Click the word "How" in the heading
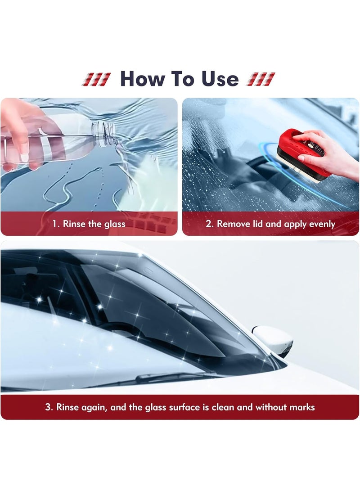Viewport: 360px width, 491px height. point(143,79)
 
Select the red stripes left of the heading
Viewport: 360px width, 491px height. point(96,79)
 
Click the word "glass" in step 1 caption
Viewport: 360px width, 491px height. point(115,224)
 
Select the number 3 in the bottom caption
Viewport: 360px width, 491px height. point(48,407)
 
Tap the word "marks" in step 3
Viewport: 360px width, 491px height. point(302,407)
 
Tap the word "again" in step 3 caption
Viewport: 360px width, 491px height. point(94,408)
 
